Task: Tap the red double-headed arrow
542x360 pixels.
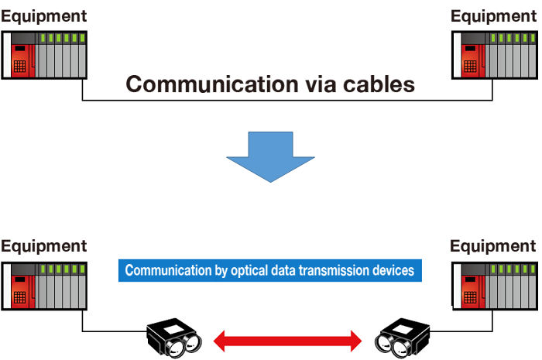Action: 288,339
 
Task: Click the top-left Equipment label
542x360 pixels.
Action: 43,15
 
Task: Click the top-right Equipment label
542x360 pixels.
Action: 493,15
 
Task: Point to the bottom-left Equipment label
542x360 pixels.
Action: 43,246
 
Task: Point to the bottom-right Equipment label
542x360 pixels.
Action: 493,246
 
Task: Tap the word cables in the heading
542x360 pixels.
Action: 379,84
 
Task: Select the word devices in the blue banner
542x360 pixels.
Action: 394,271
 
